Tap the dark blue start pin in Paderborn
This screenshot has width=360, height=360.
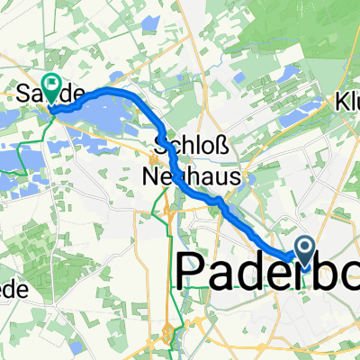point(304,249)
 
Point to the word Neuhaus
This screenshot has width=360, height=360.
point(191,178)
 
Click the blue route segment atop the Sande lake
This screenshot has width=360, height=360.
point(108,93)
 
